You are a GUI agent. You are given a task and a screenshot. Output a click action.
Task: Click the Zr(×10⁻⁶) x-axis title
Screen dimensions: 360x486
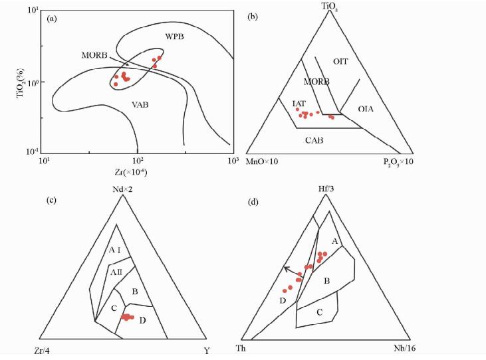pos(137,171)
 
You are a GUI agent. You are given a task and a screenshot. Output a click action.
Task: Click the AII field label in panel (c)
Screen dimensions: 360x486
pos(117,272)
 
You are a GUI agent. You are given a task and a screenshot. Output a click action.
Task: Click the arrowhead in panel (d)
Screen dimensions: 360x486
pos(285,268)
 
